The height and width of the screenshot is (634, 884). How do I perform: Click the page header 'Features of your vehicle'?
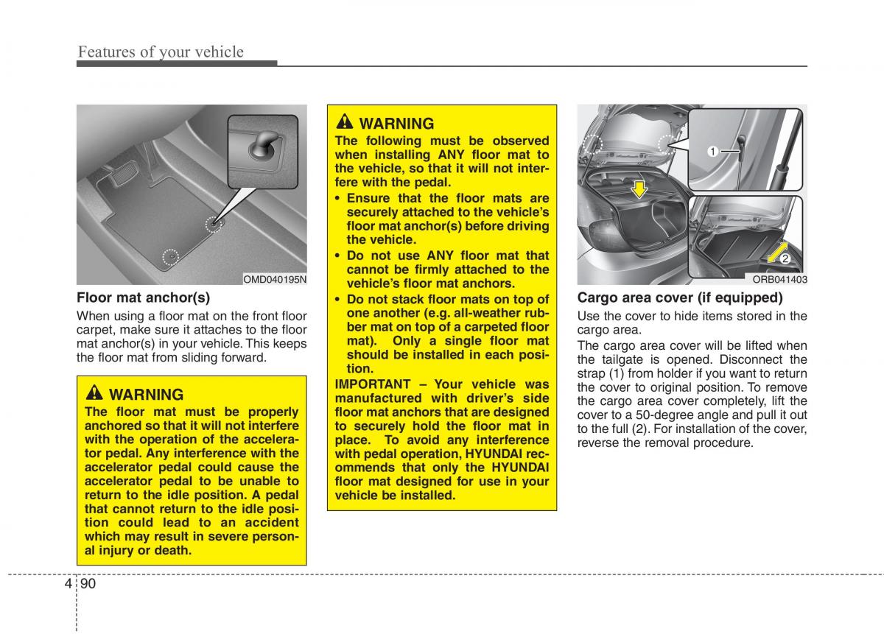[x=161, y=52]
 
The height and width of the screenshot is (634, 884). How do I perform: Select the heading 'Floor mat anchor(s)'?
[x=143, y=297]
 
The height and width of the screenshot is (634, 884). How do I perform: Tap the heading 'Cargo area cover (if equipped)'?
[x=679, y=297]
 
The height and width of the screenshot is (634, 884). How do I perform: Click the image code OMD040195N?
[x=275, y=279]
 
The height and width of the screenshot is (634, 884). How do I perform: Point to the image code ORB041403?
[x=779, y=279]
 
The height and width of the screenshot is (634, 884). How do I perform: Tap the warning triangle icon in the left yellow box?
[x=96, y=394]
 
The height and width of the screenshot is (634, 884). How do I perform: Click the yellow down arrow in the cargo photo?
[x=639, y=189]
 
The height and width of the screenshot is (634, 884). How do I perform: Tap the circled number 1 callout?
[x=712, y=152]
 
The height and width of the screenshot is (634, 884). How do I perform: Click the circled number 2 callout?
[x=785, y=258]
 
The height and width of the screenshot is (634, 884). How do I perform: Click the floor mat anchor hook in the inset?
[x=263, y=144]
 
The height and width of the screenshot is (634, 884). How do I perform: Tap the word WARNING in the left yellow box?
[x=147, y=395]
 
